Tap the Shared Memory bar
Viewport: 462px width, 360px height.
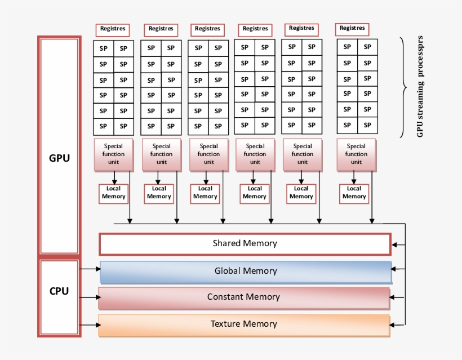tap(245, 244)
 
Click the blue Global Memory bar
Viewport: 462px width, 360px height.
tap(246, 272)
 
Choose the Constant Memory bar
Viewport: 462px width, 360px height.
tap(243, 297)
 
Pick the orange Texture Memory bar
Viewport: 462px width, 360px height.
tap(244, 325)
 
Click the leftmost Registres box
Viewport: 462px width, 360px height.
tap(113, 29)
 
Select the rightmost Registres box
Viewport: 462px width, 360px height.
tap(353, 29)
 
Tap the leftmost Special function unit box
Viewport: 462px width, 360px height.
tap(114, 154)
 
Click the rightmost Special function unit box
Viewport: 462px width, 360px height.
tap(356, 154)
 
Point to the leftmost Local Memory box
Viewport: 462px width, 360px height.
tap(114, 193)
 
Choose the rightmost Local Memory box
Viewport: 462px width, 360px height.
tap(354, 193)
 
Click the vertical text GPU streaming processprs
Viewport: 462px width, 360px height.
tap(420, 87)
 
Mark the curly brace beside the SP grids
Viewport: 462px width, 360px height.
tap(403, 87)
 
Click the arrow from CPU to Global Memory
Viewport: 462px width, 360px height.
tap(90, 269)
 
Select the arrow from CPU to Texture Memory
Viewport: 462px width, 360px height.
tap(90, 325)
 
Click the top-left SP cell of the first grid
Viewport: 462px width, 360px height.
tap(104, 48)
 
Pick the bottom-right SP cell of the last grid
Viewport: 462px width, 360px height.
tap(367, 125)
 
